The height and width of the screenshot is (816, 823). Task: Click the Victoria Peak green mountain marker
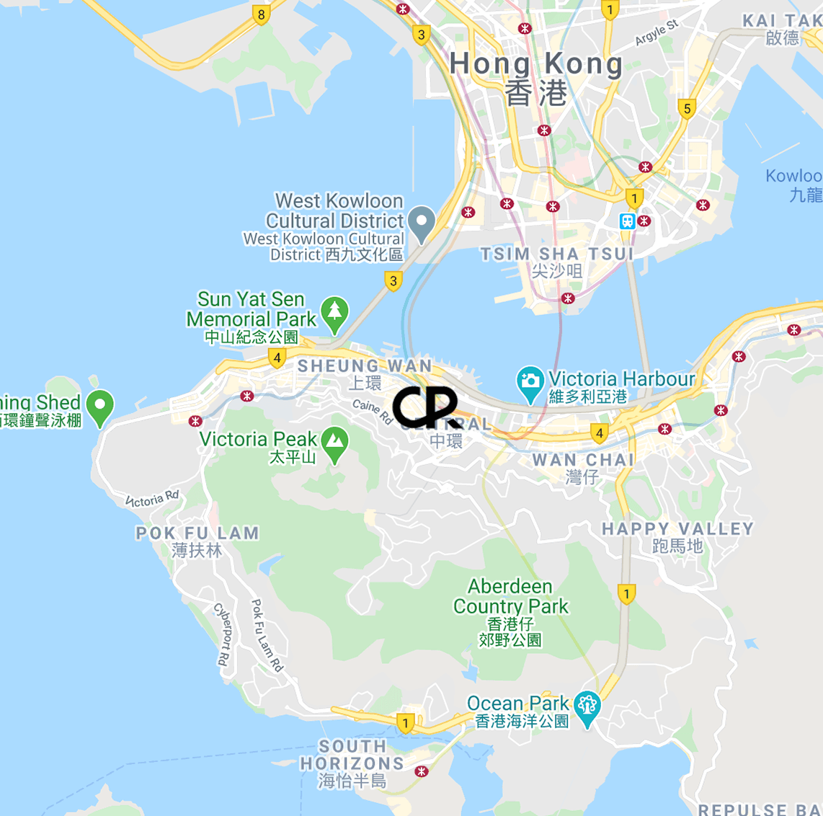(x=334, y=444)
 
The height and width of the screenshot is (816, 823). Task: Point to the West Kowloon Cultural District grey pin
(x=421, y=222)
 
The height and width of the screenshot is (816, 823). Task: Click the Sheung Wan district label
(x=365, y=366)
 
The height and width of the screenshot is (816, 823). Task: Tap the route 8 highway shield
(x=261, y=14)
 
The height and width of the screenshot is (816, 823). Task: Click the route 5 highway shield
(x=687, y=109)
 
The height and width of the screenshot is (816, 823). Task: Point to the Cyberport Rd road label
(x=224, y=634)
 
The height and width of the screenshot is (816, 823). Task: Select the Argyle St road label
(x=657, y=32)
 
